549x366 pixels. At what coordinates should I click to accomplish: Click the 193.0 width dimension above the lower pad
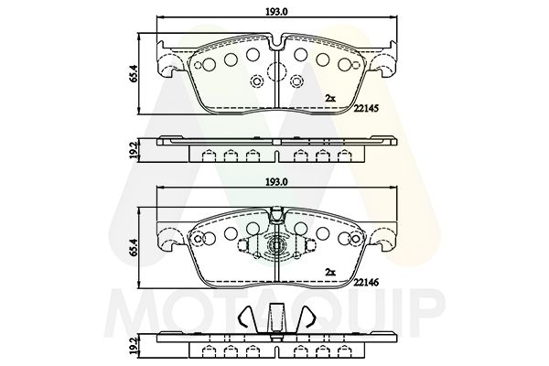point(274,182)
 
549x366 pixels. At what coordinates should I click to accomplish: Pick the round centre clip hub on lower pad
point(274,248)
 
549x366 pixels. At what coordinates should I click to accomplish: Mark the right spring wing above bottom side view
point(304,319)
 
